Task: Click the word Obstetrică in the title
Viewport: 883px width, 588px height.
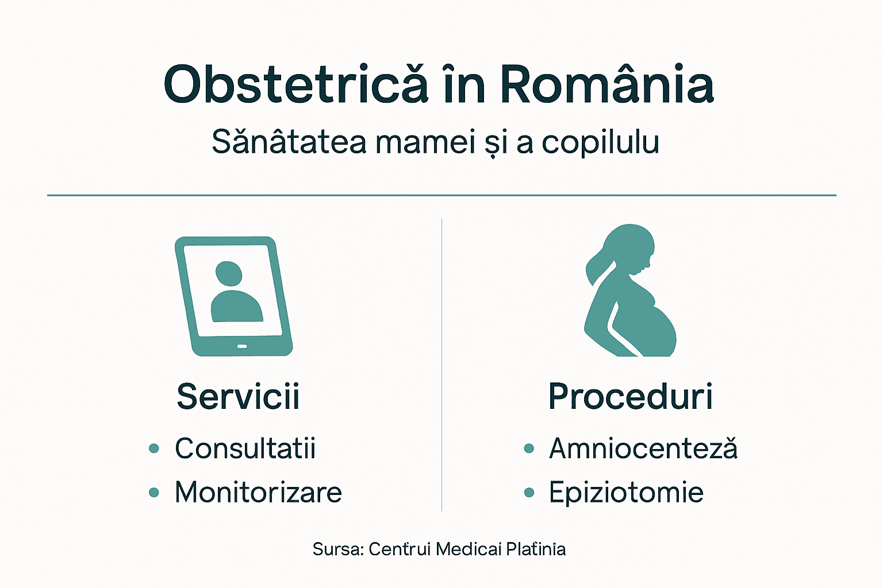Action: [296, 84]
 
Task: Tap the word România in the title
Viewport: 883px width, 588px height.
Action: [606, 84]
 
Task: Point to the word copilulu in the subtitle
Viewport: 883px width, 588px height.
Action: [600, 143]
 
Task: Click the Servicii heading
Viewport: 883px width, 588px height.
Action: [238, 396]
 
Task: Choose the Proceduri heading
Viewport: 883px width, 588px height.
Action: [631, 396]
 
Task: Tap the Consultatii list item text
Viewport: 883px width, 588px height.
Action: [245, 448]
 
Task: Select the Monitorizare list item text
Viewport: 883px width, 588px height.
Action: [258, 493]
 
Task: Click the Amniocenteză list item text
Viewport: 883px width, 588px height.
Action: [643, 448]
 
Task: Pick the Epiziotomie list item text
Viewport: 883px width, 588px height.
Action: [626, 493]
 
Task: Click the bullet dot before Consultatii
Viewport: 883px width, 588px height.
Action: [153, 448]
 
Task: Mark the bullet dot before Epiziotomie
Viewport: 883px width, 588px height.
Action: [529, 493]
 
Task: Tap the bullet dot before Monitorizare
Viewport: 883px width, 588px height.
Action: [153, 493]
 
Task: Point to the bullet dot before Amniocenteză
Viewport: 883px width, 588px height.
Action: [529, 448]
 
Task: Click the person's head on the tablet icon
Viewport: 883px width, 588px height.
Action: [228, 273]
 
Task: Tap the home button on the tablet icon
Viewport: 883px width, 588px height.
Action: [242, 346]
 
